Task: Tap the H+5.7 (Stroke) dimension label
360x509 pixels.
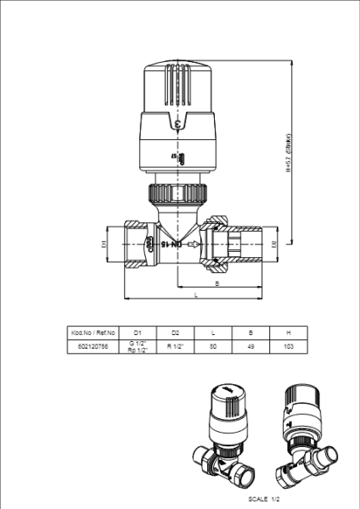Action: [289, 153]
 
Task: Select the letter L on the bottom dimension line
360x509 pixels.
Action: [196, 294]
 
